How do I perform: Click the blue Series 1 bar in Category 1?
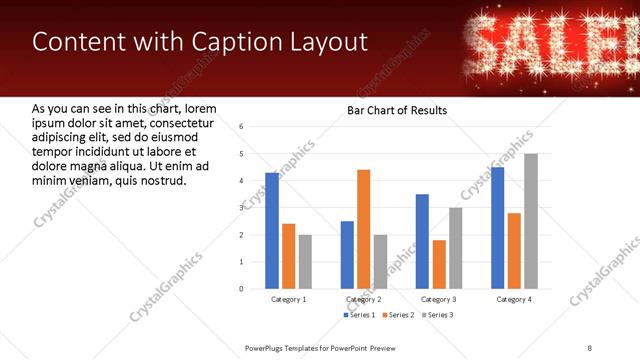pyautogui.click(x=272, y=231)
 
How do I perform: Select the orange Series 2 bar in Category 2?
pyautogui.click(x=363, y=229)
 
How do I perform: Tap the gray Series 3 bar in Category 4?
pyautogui.click(x=531, y=221)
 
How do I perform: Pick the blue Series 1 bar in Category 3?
pyautogui.click(x=423, y=241)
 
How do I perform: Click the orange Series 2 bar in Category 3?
pyautogui.click(x=439, y=264)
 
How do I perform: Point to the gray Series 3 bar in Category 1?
pyautogui.click(x=305, y=261)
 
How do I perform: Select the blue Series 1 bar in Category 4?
pyautogui.click(x=498, y=228)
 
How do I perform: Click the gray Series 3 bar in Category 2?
pyautogui.click(x=380, y=261)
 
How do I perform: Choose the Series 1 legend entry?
pyautogui.click(x=361, y=315)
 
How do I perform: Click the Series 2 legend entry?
pyautogui.click(x=399, y=315)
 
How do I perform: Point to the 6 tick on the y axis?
pyautogui.click(x=241, y=127)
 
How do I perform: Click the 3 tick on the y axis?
pyautogui.click(x=241, y=208)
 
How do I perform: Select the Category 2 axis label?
pyautogui.click(x=364, y=299)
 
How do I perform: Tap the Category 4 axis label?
pyautogui.click(x=514, y=299)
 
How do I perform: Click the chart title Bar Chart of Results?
pyautogui.click(x=397, y=110)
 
